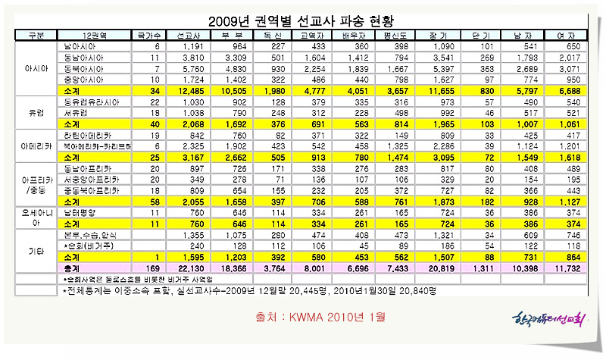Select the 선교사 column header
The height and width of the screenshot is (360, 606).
(189, 35)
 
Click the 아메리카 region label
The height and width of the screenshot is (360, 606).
(35, 141)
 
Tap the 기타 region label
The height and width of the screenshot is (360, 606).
(35, 247)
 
